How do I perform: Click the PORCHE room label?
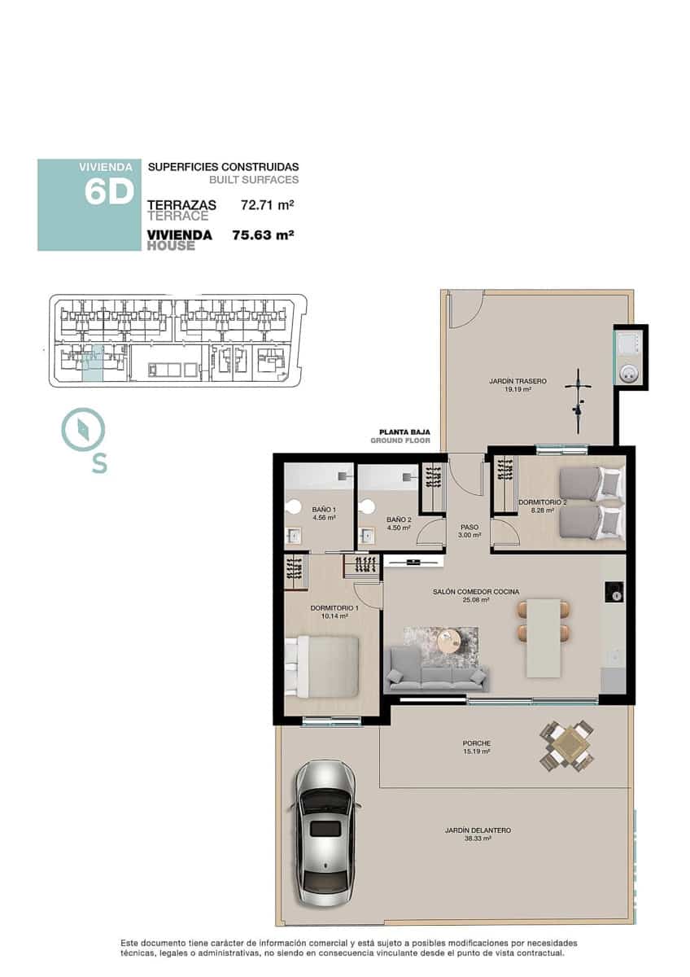(476, 743)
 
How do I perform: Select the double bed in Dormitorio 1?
(323, 666)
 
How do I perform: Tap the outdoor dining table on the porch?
(567, 745)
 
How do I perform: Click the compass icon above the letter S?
(83, 429)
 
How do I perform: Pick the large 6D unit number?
(108, 193)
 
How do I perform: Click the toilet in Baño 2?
(365, 506)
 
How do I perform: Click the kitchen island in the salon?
(544, 637)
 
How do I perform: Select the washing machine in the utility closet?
(629, 373)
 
